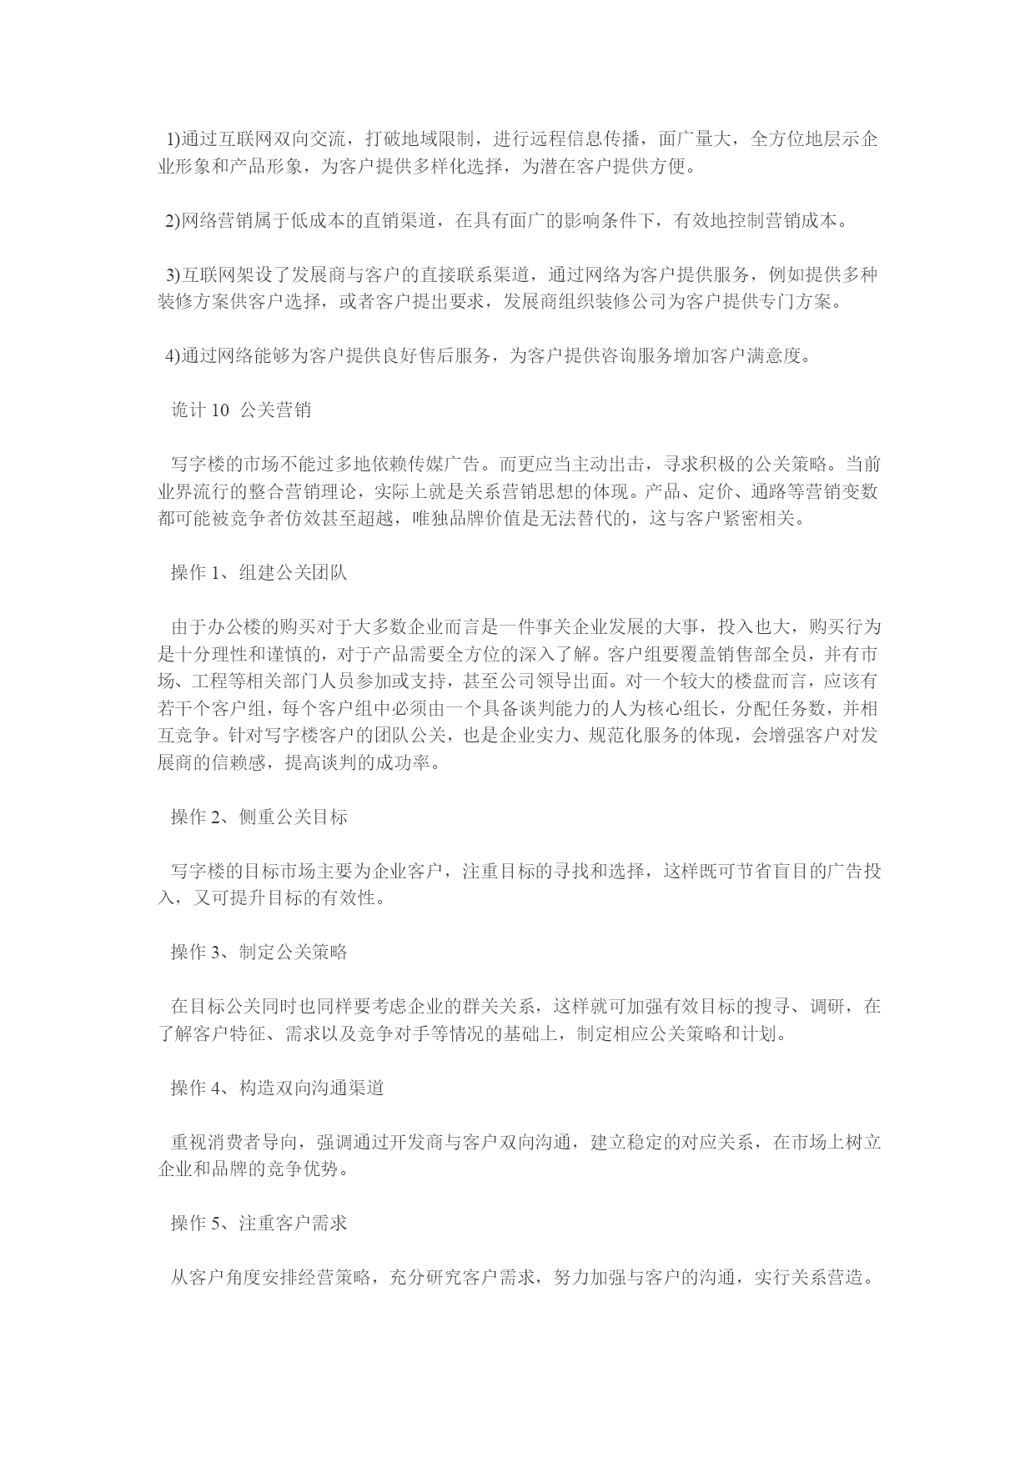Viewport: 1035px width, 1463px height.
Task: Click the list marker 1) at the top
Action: tap(174, 138)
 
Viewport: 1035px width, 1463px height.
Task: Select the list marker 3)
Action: tap(174, 274)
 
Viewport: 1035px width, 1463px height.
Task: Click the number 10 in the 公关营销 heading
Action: tap(220, 410)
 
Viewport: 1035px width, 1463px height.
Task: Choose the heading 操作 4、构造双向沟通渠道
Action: tap(277, 1088)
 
